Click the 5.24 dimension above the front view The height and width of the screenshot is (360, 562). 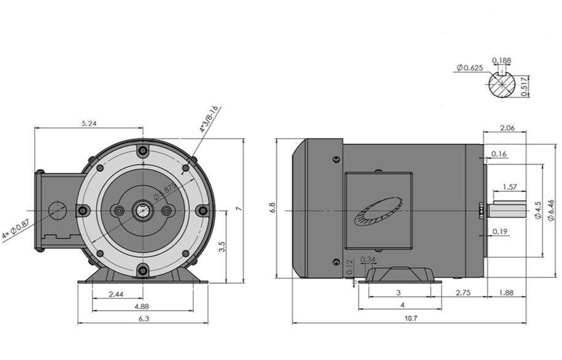[90, 123]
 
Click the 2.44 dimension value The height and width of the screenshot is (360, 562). [116, 294]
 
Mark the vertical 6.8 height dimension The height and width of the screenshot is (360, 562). [272, 209]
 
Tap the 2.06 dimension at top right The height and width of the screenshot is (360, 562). [507, 128]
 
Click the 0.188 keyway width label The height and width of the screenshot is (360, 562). [501, 60]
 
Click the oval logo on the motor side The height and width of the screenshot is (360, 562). [377, 212]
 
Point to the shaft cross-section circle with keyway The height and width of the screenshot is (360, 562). [502, 85]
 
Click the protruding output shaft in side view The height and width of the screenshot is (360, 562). [507, 210]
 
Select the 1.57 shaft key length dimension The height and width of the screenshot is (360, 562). [509, 186]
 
